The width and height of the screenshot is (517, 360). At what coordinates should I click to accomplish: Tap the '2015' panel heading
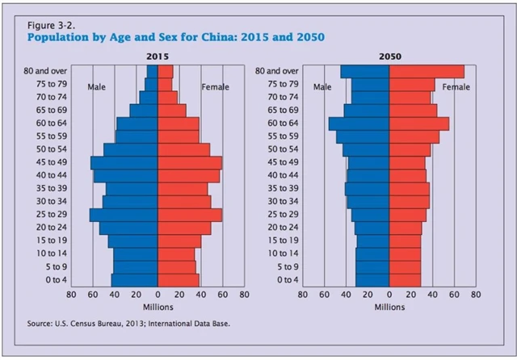click(x=158, y=58)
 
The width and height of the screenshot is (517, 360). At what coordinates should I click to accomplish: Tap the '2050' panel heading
click(x=389, y=58)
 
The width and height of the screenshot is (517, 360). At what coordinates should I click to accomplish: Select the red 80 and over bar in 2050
click(x=427, y=72)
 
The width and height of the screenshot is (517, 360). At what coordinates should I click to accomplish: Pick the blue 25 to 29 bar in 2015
click(x=124, y=215)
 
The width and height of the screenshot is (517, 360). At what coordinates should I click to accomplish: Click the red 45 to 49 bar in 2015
click(x=189, y=162)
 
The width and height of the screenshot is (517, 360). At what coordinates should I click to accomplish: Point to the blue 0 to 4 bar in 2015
click(x=135, y=279)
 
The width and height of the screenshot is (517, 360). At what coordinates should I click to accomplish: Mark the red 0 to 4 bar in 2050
click(x=405, y=279)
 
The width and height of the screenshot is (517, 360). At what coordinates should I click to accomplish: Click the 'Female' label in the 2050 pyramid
click(x=456, y=87)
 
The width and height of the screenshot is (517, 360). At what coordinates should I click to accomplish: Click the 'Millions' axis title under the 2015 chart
click(x=158, y=308)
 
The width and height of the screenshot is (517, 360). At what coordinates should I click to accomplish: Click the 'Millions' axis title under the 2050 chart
click(x=390, y=308)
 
